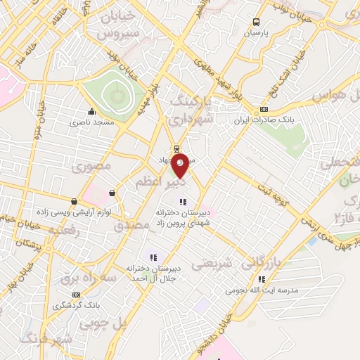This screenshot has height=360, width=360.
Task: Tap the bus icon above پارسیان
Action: tap(256, 22)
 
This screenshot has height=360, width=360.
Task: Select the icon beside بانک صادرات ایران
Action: tap(264, 109)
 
